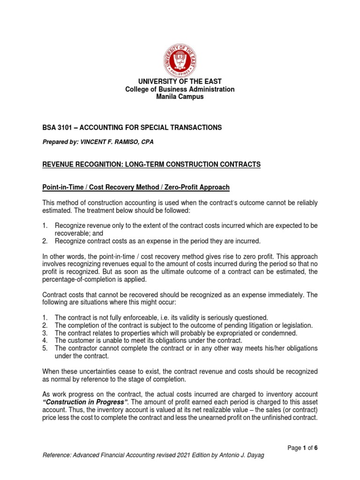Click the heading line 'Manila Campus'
(x=180, y=97)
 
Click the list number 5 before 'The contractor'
(x=45, y=348)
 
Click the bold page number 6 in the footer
(x=316, y=448)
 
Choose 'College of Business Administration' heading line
(x=180, y=90)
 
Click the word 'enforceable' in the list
(x=139, y=317)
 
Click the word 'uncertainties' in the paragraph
(x=99, y=371)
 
